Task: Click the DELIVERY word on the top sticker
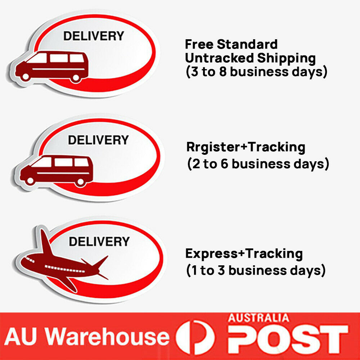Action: coord(94,36)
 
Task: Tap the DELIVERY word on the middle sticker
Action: coord(98,140)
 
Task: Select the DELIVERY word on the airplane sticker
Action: coord(99,242)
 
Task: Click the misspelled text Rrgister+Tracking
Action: coord(246,147)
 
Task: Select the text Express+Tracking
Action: coord(244,254)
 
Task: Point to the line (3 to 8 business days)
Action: coord(256,72)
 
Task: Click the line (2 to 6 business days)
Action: coord(258,164)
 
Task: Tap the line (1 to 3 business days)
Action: coord(256,270)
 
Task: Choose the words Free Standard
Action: coord(231,45)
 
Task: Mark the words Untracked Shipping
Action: coord(250,58)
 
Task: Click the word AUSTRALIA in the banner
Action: coord(258,318)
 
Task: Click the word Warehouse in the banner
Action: coord(108,337)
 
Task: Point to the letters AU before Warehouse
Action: coord(24,337)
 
